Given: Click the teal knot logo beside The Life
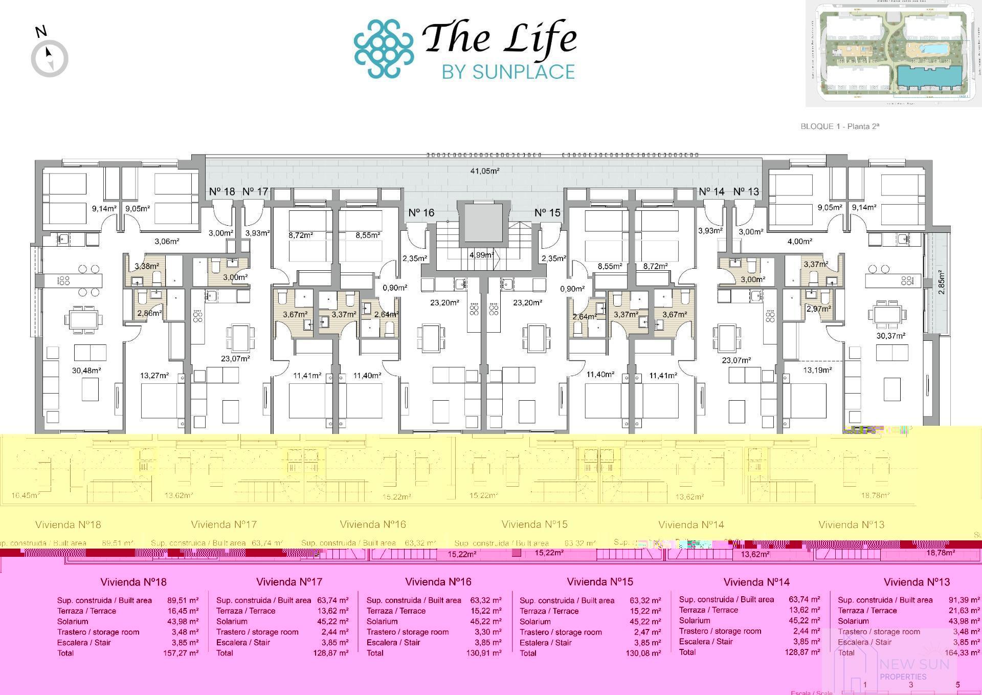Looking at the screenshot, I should click(x=384, y=49).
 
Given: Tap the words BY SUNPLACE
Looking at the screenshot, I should click(x=508, y=72).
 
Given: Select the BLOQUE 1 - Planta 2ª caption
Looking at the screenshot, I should click(x=839, y=126).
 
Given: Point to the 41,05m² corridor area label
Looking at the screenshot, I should click(x=484, y=171).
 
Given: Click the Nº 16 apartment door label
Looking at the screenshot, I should click(x=421, y=212).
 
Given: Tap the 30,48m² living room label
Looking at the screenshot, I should click(x=86, y=371).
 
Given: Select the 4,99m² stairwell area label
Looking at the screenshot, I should click(x=481, y=255).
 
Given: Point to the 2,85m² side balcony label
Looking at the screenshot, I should click(x=941, y=282).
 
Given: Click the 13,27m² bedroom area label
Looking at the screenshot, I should click(x=154, y=376).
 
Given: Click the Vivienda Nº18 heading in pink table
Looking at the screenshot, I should click(x=133, y=582).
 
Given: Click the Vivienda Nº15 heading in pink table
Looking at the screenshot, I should click(x=599, y=582).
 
